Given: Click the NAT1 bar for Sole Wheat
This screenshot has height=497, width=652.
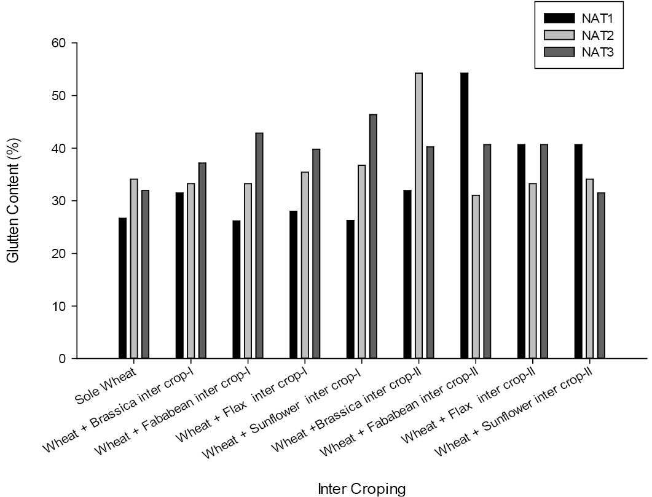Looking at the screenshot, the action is pos(122,288).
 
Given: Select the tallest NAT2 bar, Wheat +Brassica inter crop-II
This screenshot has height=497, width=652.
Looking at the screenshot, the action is pos(418,216).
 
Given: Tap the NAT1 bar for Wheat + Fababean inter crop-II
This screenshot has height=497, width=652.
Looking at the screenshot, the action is pos(465,216).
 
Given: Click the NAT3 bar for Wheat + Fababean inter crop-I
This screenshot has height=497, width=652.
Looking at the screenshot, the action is pos(259,246).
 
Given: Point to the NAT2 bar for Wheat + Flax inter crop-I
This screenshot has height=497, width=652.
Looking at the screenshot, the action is pos(305,265).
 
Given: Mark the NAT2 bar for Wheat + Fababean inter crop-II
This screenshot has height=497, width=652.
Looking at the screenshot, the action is pos(476,276).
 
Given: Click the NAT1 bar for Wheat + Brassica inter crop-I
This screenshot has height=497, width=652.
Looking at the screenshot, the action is pos(179,275).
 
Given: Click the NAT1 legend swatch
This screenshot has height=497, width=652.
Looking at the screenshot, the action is pos(559,18).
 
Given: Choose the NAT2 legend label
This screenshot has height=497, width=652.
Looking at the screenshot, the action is pos(597,35).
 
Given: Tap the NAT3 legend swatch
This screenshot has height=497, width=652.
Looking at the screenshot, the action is pos(559,52).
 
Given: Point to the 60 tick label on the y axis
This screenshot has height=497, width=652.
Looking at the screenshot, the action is pos(58,43).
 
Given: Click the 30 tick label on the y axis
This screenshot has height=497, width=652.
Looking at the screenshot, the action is pos(58,201).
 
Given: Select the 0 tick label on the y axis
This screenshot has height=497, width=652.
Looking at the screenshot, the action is pos(62,359).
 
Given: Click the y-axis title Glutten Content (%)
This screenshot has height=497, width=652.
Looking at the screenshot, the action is pos(14,200).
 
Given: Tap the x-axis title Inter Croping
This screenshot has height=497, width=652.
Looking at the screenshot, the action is pos(362,488).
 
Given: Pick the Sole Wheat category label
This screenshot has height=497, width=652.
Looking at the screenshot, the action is pos(106,386).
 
